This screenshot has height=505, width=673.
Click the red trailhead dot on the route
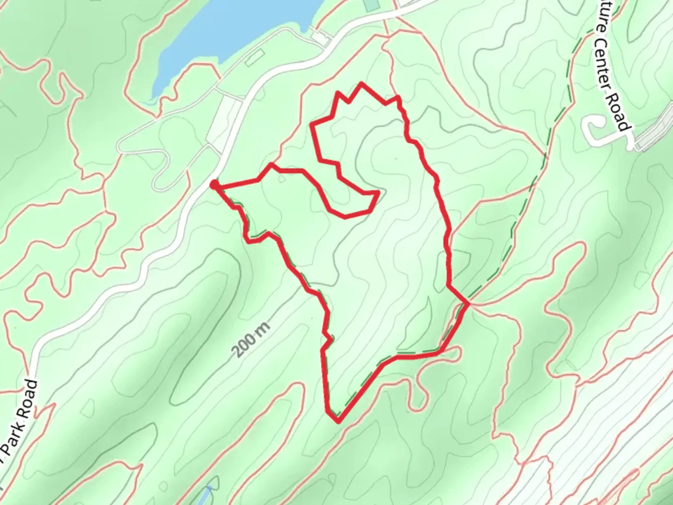pyautogui.click(x=214, y=185)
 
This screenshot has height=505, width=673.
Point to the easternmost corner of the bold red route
pyautogui.click(x=468, y=303)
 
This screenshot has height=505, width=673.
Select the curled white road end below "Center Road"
pyautogui.click(x=595, y=131)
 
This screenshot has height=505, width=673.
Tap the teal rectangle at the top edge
pyautogui.click(x=371, y=5)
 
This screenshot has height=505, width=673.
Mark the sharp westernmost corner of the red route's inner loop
pyautogui.click(x=312, y=124)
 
